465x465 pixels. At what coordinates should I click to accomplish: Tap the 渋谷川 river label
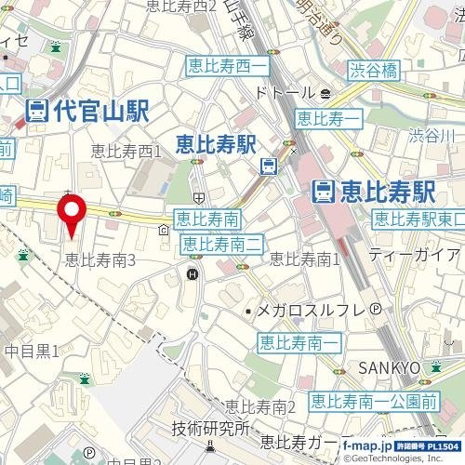(432, 136)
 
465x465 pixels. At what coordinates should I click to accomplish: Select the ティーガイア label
(413, 254)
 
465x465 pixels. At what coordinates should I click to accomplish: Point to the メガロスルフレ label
(312, 310)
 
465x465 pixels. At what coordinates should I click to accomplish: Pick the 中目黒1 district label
(33, 351)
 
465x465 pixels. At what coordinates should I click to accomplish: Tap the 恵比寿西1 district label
(131, 149)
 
